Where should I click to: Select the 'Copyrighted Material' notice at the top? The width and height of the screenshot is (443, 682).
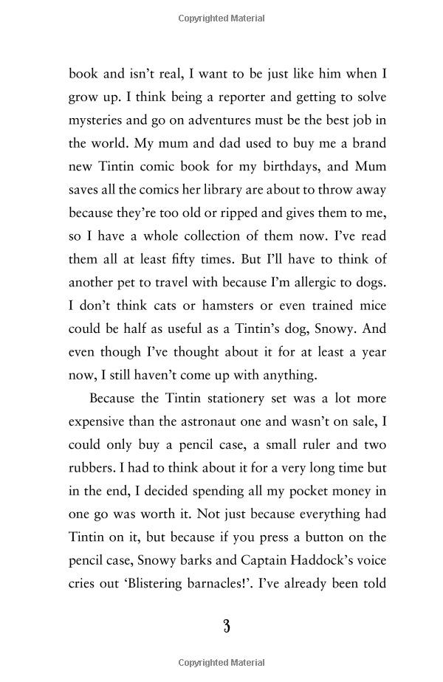click(x=221, y=18)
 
